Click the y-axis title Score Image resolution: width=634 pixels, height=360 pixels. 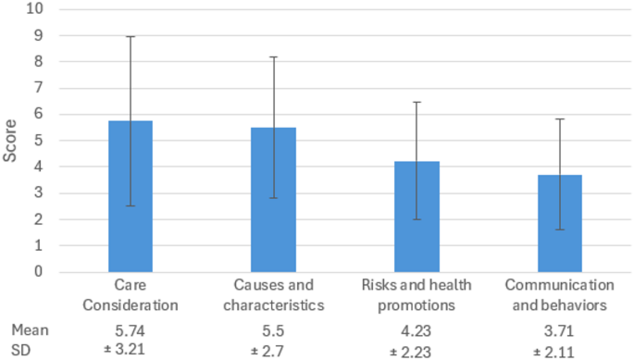click(10, 142)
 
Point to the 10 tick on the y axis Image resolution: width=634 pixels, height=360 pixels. click(37, 9)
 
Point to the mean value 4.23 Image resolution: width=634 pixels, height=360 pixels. click(416, 329)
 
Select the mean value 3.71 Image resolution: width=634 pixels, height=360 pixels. click(559, 329)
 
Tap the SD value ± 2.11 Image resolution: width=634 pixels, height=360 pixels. click(559, 349)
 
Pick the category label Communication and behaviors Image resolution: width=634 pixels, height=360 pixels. click(559, 294)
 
